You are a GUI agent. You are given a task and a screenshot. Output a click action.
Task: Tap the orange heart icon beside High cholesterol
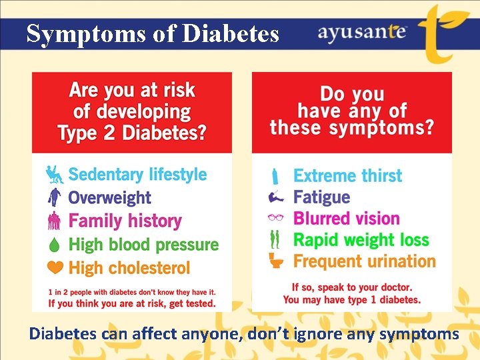(55, 267)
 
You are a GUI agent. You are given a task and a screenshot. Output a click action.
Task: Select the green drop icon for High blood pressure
(55, 245)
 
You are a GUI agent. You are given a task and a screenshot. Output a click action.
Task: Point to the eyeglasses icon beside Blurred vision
(275, 218)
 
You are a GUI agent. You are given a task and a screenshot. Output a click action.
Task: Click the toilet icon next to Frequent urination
(276, 261)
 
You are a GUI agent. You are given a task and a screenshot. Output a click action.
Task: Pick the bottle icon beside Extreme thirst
(275, 176)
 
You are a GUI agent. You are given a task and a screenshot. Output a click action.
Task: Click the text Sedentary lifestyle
(137, 175)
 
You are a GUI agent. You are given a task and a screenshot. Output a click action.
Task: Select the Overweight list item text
(109, 197)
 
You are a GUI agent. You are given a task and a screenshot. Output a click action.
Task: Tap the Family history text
(125, 221)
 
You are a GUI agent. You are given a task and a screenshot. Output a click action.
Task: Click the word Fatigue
(321, 197)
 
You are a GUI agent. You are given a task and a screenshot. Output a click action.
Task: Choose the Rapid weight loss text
(361, 239)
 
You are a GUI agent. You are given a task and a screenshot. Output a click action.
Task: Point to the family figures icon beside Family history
(55, 221)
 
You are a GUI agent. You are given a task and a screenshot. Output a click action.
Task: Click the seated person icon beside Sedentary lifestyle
(54, 175)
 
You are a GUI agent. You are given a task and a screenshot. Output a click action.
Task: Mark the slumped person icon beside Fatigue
(275, 197)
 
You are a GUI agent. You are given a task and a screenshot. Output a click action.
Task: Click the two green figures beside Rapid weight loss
(275, 239)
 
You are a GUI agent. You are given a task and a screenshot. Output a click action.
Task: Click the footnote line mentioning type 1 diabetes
(352, 299)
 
